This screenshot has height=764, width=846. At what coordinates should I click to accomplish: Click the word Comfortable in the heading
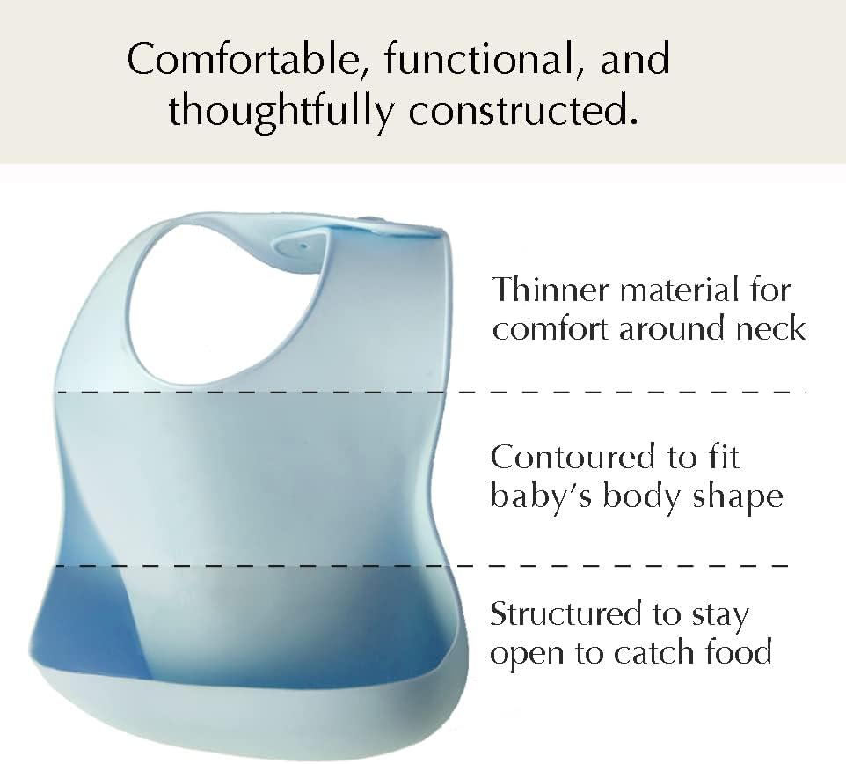pyautogui.click(x=244, y=58)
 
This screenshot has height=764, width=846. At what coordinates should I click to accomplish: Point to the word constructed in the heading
pyautogui.click(x=523, y=110)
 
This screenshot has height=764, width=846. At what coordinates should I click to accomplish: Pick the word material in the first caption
pyautogui.click(x=679, y=289)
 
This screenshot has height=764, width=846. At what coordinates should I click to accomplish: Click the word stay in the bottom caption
pyautogui.click(x=719, y=615)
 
